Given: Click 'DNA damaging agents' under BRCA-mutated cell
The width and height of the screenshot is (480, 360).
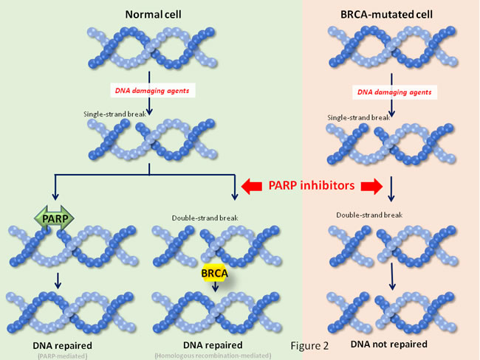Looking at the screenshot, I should [392, 92].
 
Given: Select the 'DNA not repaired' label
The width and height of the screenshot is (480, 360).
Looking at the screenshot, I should [390, 345].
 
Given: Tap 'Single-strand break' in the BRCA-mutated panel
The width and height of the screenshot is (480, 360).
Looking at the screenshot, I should [358, 117].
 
